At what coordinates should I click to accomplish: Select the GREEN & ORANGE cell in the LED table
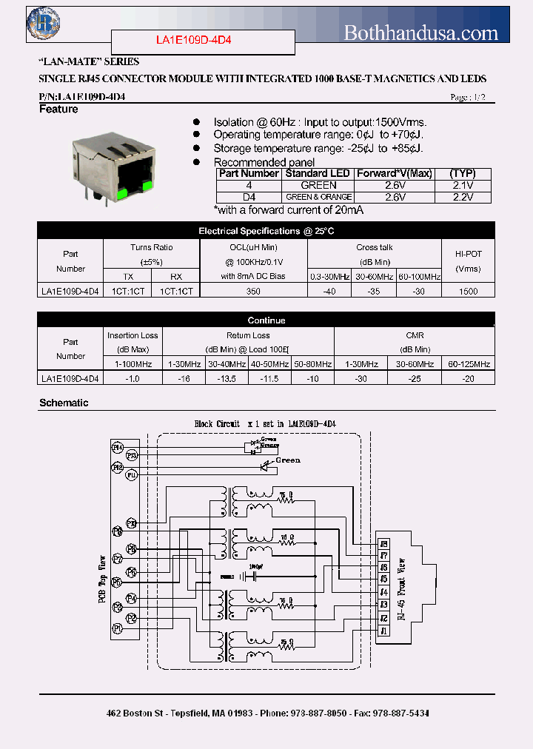click(x=318, y=198)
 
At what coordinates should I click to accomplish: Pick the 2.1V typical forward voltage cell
click(x=462, y=185)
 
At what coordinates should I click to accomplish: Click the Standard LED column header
click(x=318, y=173)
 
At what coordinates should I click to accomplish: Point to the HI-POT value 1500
click(x=468, y=292)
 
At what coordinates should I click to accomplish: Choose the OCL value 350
click(x=253, y=292)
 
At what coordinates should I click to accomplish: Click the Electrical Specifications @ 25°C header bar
click(x=266, y=231)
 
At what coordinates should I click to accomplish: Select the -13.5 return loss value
click(x=227, y=378)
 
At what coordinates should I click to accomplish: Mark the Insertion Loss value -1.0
click(x=133, y=378)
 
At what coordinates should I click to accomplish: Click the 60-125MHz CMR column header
click(x=469, y=364)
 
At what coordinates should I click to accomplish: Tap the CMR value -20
click(x=469, y=378)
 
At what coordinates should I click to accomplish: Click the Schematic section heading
click(x=64, y=403)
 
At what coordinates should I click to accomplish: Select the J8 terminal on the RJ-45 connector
click(x=383, y=544)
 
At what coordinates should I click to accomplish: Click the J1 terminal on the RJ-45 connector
click(x=383, y=631)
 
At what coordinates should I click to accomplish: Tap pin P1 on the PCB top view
click(x=117, y=628)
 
